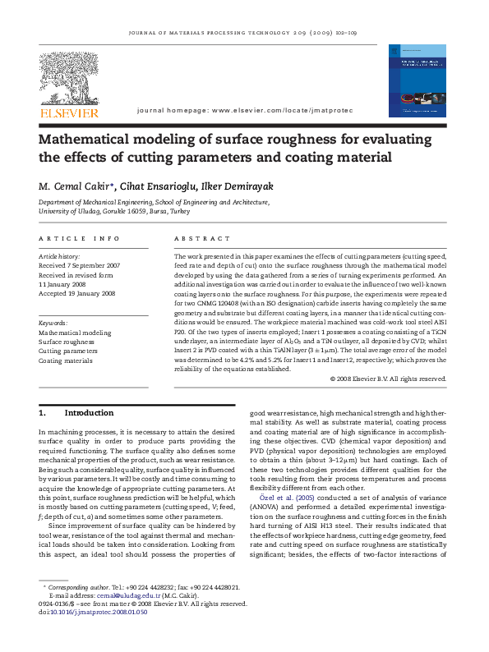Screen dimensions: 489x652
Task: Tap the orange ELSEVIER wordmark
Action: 68,112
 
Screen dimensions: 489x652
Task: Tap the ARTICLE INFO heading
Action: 80,238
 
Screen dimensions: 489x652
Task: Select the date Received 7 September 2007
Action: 80,266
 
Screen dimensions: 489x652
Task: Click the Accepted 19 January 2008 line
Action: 77,293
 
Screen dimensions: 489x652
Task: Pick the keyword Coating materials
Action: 66,360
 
